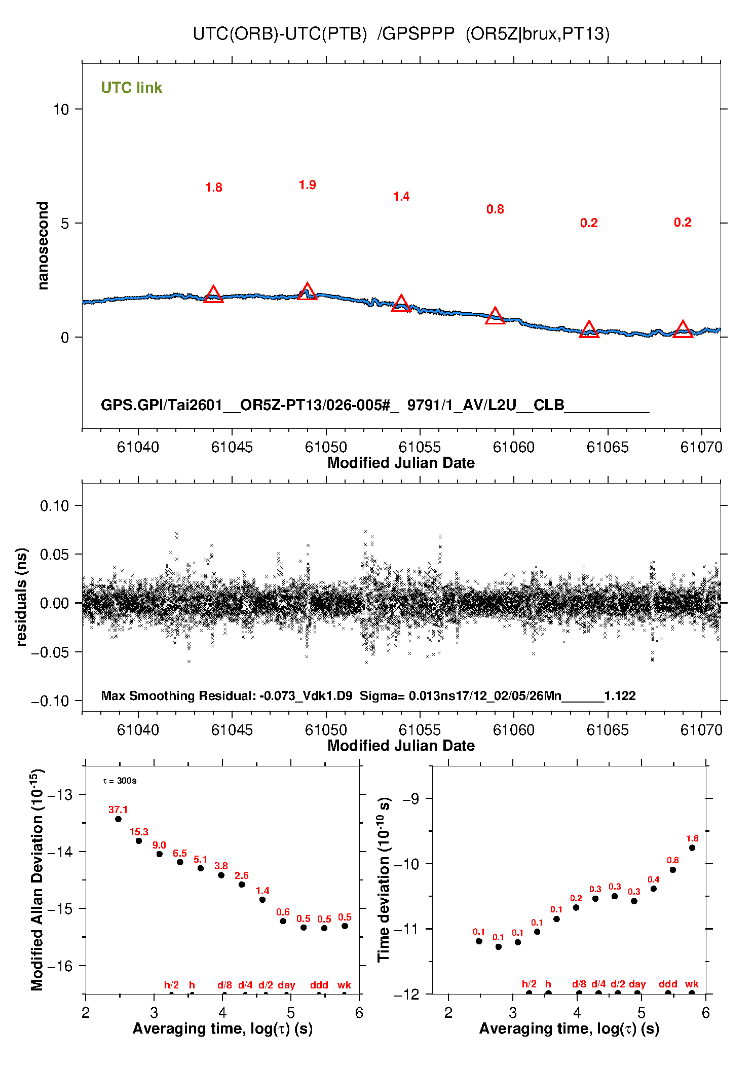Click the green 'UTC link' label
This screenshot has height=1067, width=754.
click(131, 88)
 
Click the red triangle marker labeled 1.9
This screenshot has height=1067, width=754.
click(307, 292)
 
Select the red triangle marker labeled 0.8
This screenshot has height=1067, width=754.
click(495, 316)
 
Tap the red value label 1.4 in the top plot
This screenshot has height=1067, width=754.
click(401, 197)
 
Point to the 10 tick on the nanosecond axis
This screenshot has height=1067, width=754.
click(61, 109)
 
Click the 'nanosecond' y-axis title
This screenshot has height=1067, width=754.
click(43, 246)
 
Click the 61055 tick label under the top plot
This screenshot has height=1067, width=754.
click(420, 447)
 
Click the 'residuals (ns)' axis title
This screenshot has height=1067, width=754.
click(21, 597)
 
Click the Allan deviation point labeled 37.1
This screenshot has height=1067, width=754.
click(118, 819)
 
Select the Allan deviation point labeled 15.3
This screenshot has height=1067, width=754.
click(139, 841)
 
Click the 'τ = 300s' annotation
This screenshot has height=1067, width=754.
click(120, 781)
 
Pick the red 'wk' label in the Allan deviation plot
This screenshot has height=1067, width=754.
click(344, 985)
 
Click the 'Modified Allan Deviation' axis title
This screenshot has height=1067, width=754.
click(37, 879)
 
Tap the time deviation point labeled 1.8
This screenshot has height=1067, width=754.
click(692, 848)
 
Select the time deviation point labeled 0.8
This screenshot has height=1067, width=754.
click(673, 870)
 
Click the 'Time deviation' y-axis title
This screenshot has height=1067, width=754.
click(384, 879)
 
